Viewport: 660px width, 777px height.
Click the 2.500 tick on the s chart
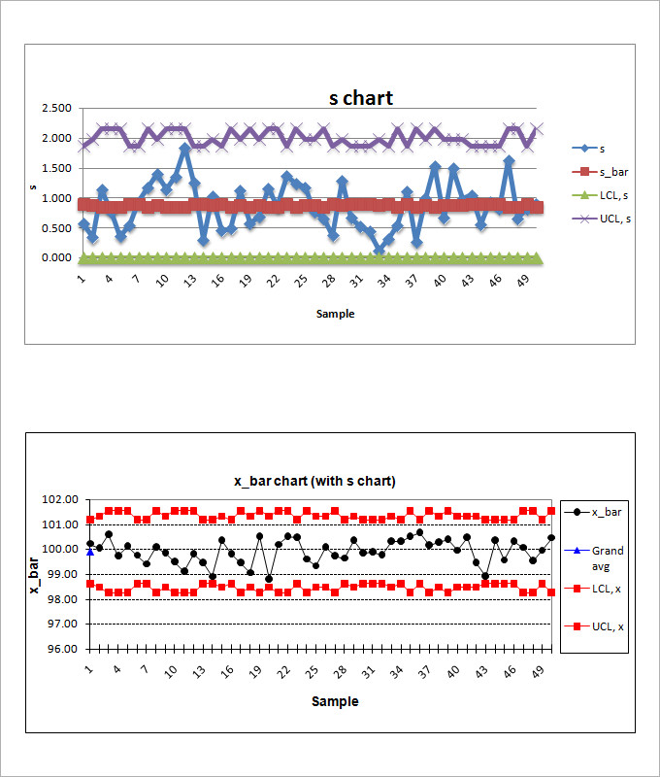pyautogui.click(x=56, y=108)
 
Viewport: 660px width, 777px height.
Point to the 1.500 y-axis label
pyautogui.click(x=56, y=168)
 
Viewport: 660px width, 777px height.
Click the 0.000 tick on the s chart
pyautogui.click(x=56, y=258)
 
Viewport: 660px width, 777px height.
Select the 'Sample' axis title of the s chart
pyautogui.click(x=335, y=314)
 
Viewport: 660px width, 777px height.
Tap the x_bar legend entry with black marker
pyautogui.click(x=608, y=512)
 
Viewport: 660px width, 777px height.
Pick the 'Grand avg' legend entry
pyautogui.click(x=608, y=557)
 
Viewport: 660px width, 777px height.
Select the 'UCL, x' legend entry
pyautogui.click(x=608, y=626)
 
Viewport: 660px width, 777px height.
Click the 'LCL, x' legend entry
pyautogui.click(x=608, y=589)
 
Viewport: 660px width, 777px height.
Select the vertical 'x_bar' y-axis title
pyautogui.click(x=35, y=574)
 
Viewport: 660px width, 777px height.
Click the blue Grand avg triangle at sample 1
pyautogui.click(x=90, y=552)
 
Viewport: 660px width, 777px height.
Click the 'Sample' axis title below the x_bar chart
pyautogui.click(x=334, y=701)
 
